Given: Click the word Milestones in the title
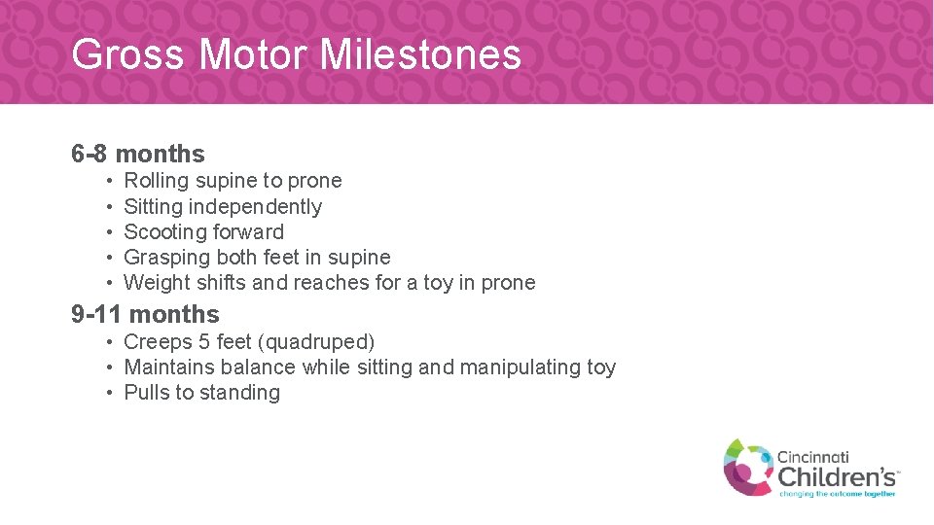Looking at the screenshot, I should pos(420,54).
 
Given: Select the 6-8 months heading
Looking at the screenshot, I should pos(138,154).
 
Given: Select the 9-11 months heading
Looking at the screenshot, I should pos(145,314).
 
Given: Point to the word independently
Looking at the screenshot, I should pos(255,206).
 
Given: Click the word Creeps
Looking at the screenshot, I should pos(158,342).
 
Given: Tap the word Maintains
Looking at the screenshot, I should pos(170,367).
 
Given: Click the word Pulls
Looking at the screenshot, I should pos(146,393).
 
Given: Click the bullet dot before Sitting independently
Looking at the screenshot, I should pos(112,207).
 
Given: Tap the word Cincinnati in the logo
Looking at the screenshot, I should pos(812,456).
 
